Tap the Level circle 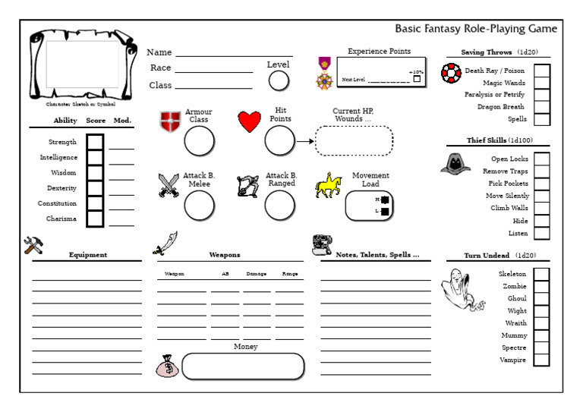pyautogui.click(x=279, y=80)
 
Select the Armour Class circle pyautogui.click(x=199, y=140)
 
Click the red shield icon pyautogui.click(x=170, y=121)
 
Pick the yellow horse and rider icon pyautogui.click(x=328, y=185)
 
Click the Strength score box pyautogui.click(x=95, y=142)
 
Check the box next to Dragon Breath pyautogui.click(x=542, y=107)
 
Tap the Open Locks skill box pyautogui.click(x=542, y=159)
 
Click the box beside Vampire pyautogui.click(x=541, y=360)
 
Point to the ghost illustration pyautogui.click(x=462, y=290)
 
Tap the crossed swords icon pyautogui.click(x=169, y=186)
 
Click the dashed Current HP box pyautogui.click(x=354, y=140)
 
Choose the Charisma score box pyautogui.click(x=95, y=219)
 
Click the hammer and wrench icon pyautogui.click(x=33, y=244)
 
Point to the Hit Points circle pyautogui.click(x=279, y=140)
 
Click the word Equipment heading pyautogui.click(x=88, y=255)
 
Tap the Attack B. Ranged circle pyautogui.click(x=279, y=205)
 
